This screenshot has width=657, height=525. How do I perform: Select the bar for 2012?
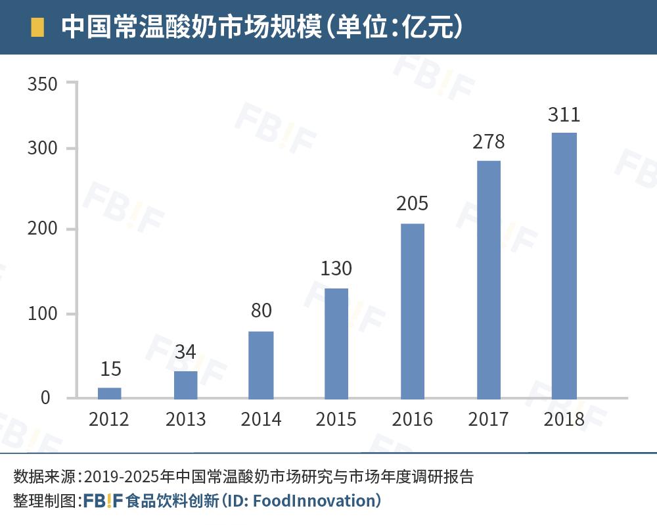click(110, 393)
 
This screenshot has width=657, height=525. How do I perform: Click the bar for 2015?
click(336, 343)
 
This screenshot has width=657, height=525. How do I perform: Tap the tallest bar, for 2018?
click(564, 265)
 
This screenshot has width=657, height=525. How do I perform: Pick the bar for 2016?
click(413, 311)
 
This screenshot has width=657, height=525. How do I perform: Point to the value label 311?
click(564, 115)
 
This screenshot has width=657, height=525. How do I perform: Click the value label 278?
click(488, 142)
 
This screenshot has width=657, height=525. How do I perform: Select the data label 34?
click(185, 352)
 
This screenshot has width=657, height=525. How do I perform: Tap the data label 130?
click(336, 269)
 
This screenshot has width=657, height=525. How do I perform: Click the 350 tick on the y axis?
click(43, 83)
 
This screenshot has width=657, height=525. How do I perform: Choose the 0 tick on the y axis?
click(45, 398)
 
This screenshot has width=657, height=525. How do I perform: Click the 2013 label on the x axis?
click(185, 419)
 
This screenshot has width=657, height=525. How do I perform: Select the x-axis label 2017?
click(488, 419)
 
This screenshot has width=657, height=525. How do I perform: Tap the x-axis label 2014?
click(261, 419)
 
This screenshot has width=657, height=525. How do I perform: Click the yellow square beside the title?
click(37, 27)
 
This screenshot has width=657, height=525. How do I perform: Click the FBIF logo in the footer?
click(103, 501)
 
